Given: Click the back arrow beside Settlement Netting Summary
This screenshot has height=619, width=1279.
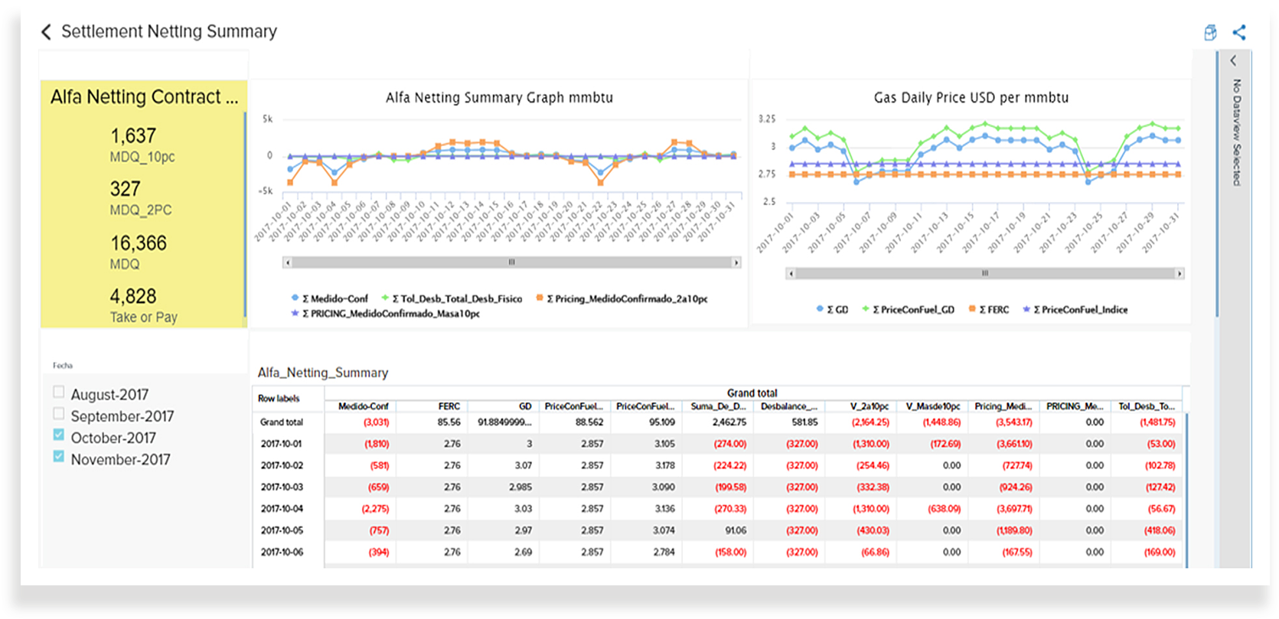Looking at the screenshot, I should pos(46,31).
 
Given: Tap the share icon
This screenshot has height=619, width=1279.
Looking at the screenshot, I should pos(1239,32).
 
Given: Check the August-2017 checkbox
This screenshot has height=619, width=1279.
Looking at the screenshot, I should pos(59,392).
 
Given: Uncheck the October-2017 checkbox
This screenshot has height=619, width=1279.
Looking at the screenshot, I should pos(59,435).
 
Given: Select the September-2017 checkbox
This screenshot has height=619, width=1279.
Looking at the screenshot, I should pos(59,413).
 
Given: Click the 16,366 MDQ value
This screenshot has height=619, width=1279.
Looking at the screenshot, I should pos(138,243).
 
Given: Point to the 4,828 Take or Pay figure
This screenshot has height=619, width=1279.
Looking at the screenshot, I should pos(132,297).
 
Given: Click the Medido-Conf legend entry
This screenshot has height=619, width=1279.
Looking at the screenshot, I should pos(334,298).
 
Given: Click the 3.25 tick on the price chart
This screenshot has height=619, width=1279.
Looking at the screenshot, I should pos(766,119).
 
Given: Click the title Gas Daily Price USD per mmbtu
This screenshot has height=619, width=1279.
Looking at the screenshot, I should pos(971,98).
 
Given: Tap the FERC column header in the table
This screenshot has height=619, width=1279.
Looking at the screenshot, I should pos(449,406).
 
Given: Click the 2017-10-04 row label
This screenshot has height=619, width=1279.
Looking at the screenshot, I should pos(282,509).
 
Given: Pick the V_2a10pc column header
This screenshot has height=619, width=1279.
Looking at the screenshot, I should pos(870,406).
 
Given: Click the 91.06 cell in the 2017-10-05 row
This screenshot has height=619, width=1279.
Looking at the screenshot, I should pos(735,530).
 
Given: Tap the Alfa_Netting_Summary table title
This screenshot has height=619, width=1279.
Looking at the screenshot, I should pos(322,373).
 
